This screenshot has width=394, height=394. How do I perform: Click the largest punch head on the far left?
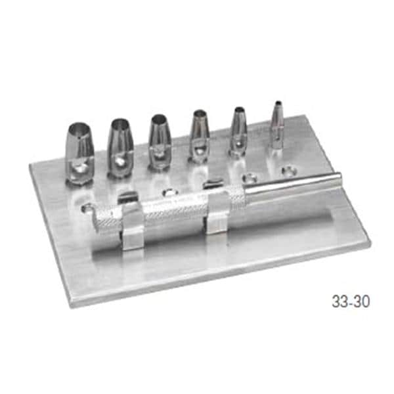79,152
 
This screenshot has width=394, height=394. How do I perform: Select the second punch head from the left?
120,148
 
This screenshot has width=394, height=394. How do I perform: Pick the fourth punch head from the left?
200,137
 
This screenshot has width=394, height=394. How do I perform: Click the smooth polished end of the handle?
295,185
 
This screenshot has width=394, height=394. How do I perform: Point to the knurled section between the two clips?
174,209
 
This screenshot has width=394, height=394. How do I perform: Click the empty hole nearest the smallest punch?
286,171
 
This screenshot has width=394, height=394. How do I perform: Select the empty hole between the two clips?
169,193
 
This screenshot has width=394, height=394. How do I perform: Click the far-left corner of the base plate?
31,165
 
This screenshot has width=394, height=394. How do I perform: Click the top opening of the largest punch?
78,127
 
